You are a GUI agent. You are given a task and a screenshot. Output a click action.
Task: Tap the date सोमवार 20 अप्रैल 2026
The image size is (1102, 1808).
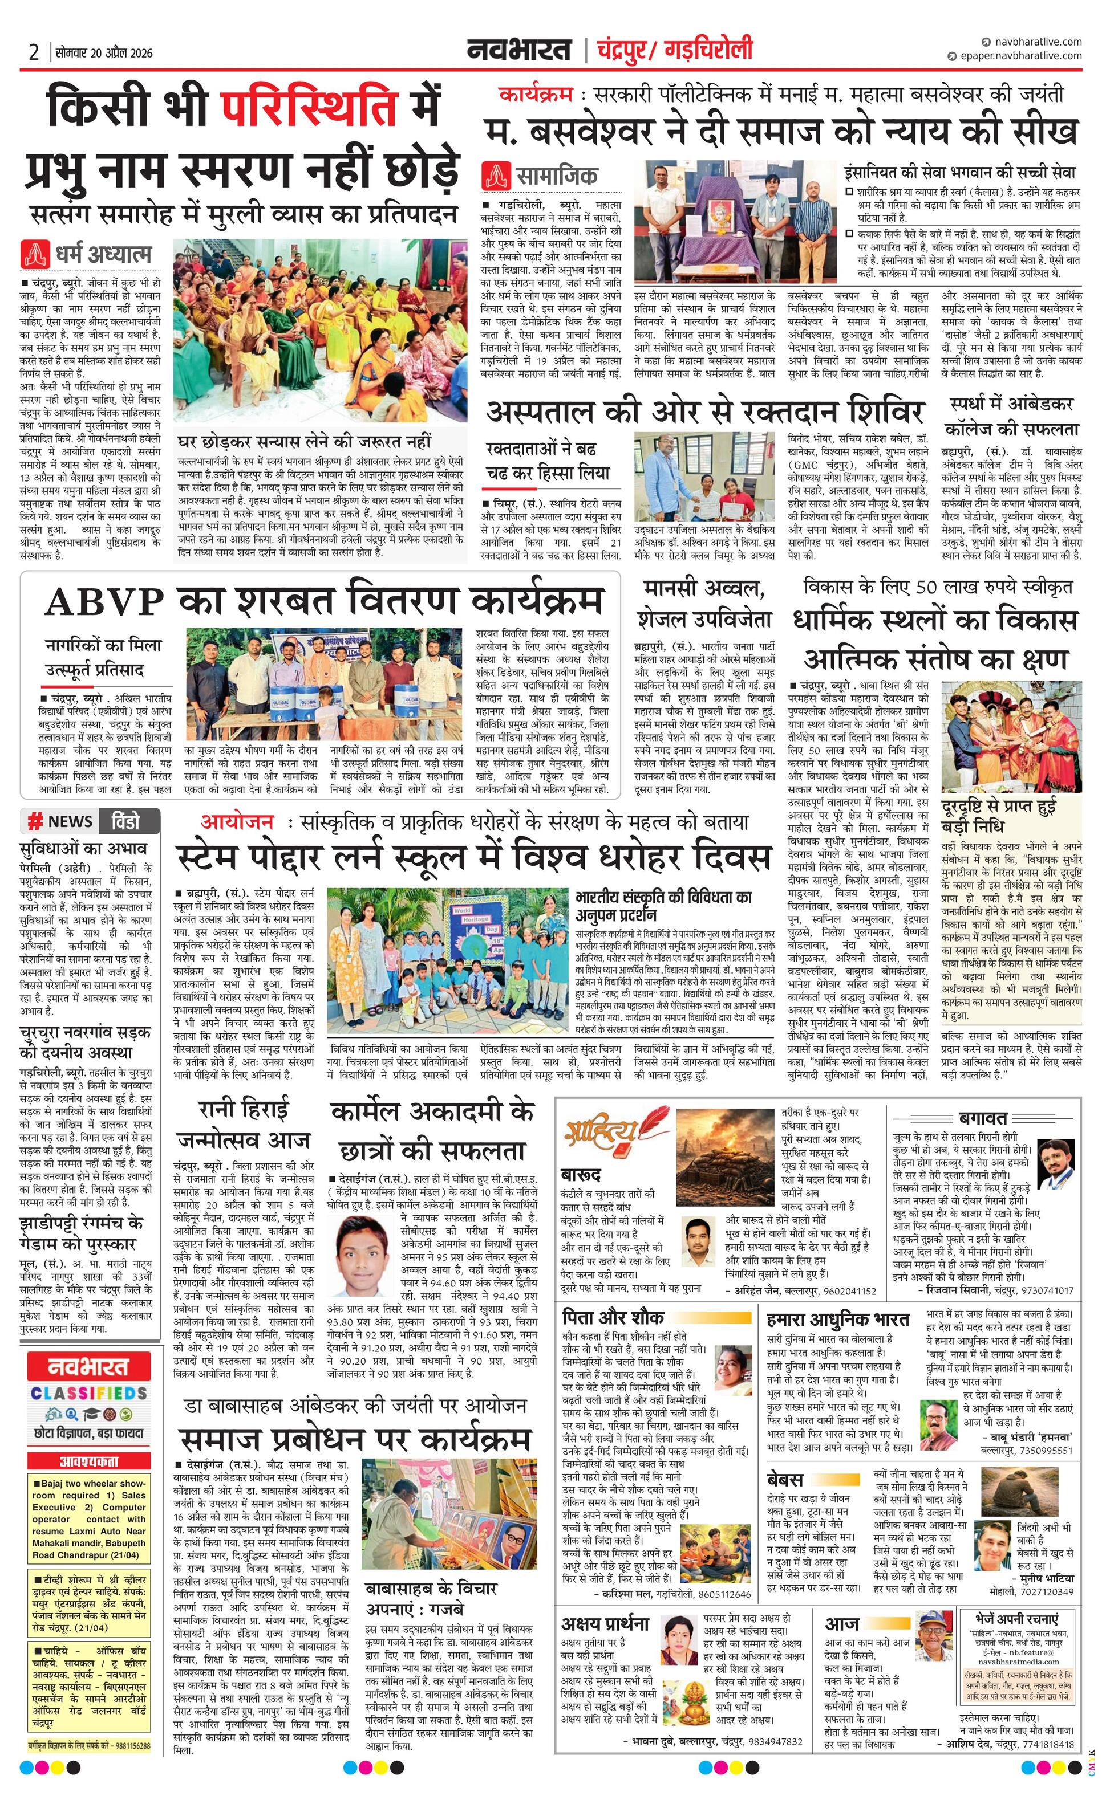(103, 53)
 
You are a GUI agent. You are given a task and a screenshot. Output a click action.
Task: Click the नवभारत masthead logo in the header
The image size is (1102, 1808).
(519, 51)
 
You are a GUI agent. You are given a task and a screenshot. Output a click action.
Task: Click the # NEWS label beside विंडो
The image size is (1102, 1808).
(60, 821)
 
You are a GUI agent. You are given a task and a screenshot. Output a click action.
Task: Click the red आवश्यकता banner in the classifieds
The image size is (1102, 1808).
(89, 1461)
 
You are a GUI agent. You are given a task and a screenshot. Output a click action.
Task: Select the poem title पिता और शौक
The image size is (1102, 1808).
(613, 1317)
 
